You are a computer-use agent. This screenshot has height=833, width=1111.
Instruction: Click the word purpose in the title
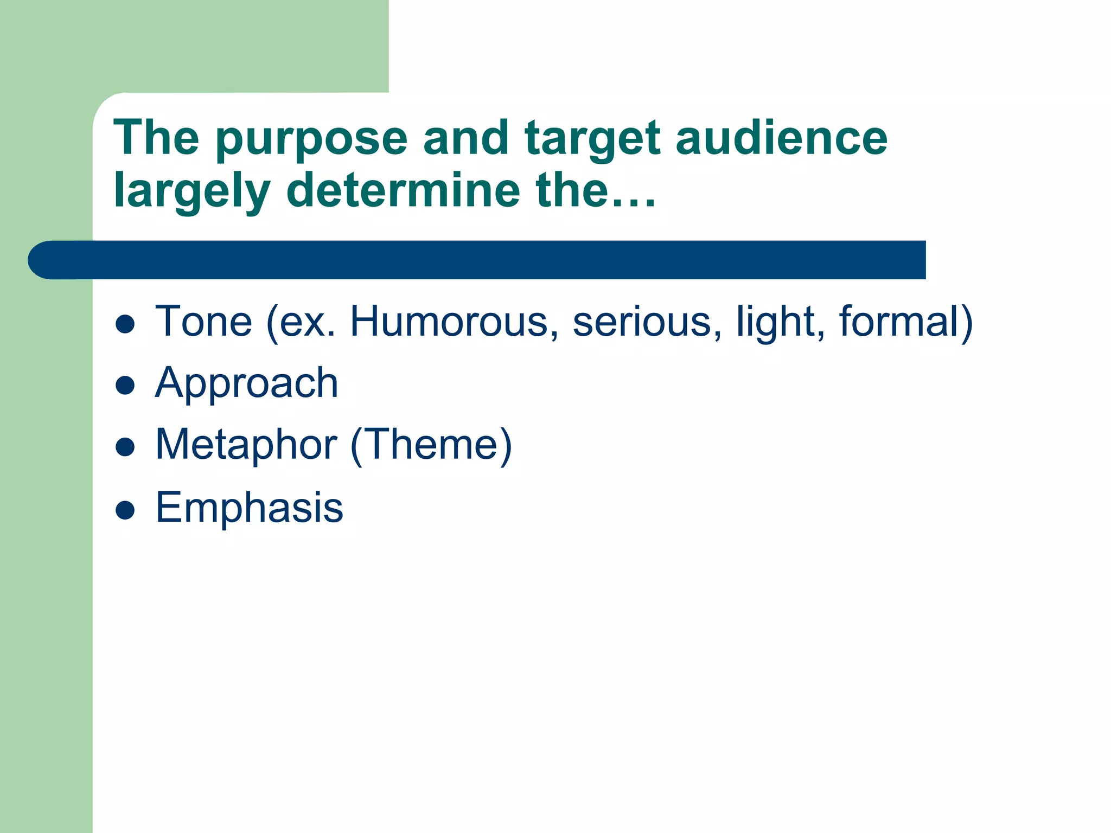pos(311,140)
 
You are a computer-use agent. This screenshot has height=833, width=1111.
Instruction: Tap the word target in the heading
pos(592,140)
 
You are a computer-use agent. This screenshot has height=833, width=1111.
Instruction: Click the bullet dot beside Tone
pos(125,324)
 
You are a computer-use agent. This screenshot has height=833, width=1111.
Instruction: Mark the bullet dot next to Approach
pos(125,386)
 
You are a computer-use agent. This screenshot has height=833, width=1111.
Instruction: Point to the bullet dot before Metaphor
pos(125,447)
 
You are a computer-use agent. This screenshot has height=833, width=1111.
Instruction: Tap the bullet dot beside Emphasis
pos(125,510)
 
